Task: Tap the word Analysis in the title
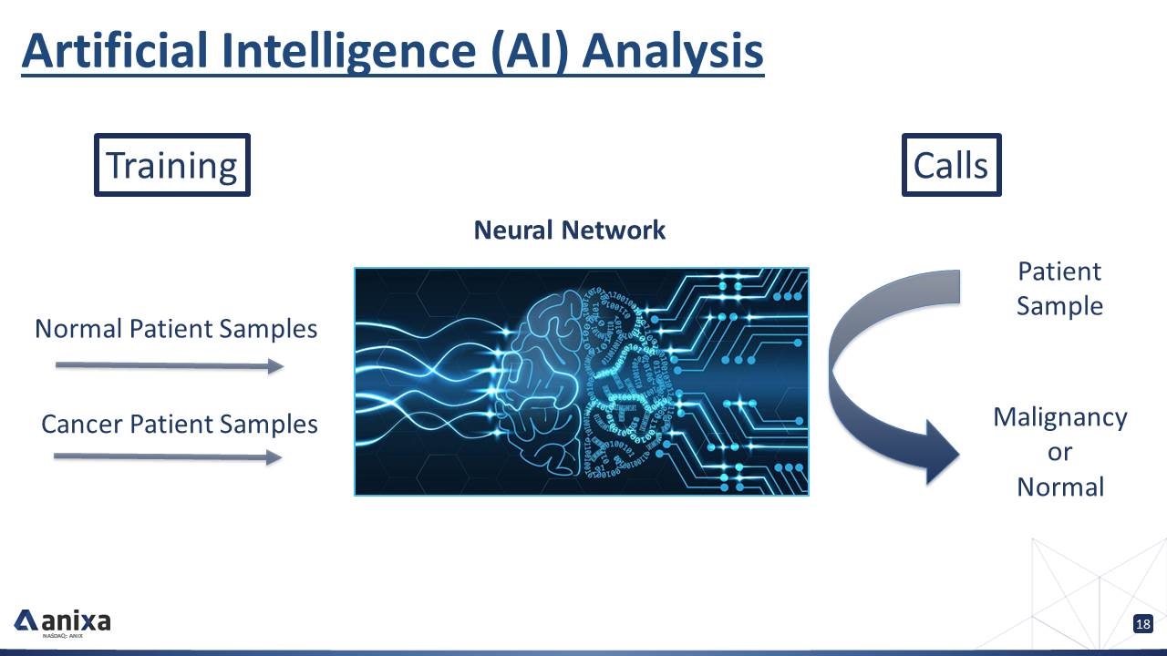[673, 50]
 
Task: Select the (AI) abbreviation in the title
[528, 50]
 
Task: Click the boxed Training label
[171, 165]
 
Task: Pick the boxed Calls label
[951, 165]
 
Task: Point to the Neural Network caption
[569, 230]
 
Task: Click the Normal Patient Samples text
[176, 328]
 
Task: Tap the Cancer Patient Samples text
[180, 424]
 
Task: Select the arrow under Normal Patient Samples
[170, 365]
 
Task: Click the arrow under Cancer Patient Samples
[168, 456]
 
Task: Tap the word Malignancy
[1059, 417]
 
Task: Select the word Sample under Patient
[1059, 305]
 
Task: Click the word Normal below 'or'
[1059, 487]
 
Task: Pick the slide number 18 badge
[1142, 624]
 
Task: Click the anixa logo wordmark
[76, 621]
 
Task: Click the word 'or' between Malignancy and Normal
[1059, 452]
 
